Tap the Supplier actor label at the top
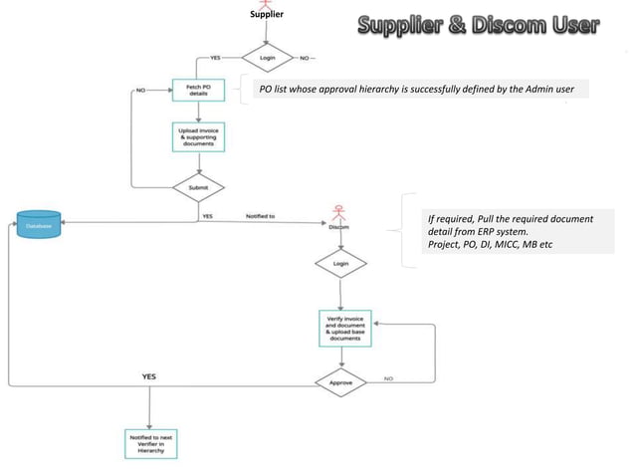click(x=266, y=14)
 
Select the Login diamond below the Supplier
click(x=266, y=58)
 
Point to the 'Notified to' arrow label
click(x=259, y=215)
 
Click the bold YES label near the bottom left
click(x=148, y=376)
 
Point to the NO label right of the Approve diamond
click(x=388, y=378)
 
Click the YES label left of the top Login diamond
click(x=213, y=57)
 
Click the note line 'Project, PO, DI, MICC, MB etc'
click(x=489, y=245)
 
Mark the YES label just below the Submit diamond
click(x=206, y=215)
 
